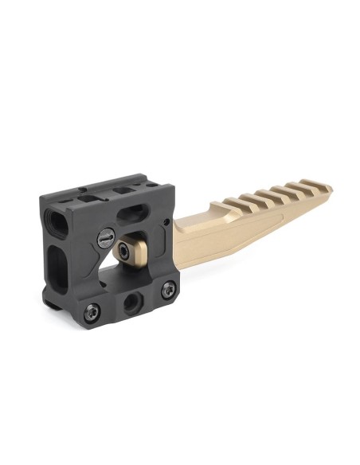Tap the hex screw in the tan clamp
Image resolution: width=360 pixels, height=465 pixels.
[126, 250]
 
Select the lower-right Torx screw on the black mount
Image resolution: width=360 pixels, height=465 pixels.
[167, 290]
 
